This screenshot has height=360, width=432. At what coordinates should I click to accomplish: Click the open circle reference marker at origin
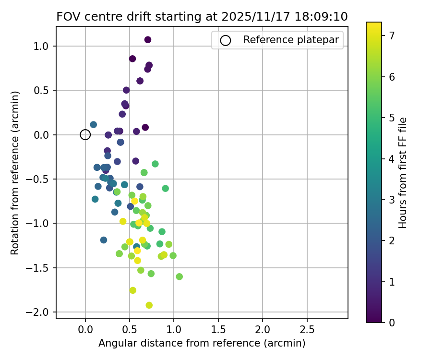coord(85,135)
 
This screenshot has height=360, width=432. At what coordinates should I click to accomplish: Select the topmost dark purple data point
coord(148,39)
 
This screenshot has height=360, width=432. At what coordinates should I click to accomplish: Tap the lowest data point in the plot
coord(149,305)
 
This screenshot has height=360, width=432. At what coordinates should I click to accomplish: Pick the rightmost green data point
coord(180,276)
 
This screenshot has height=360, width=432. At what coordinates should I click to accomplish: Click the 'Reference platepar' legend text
coord(291,40)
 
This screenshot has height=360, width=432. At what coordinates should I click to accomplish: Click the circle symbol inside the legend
coord(226,41)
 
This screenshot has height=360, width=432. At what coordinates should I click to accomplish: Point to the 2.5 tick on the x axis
coord(307,330)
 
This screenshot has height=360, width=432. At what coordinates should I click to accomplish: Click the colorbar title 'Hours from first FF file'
coord(403,173)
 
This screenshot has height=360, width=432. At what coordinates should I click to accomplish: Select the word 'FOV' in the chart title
coord(67,16)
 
